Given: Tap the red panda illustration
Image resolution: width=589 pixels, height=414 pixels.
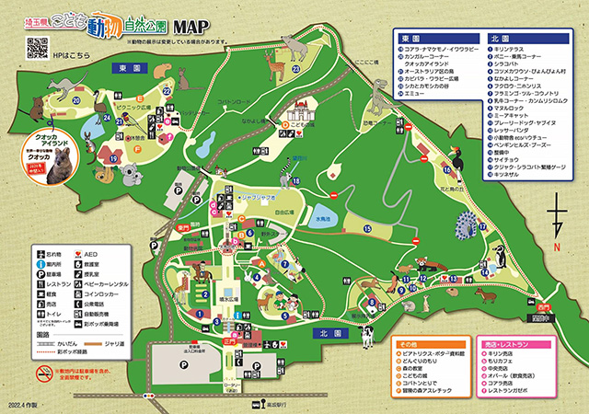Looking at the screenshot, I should (426, 268).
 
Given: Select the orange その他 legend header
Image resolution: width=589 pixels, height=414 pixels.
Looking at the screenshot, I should (410, 344).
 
